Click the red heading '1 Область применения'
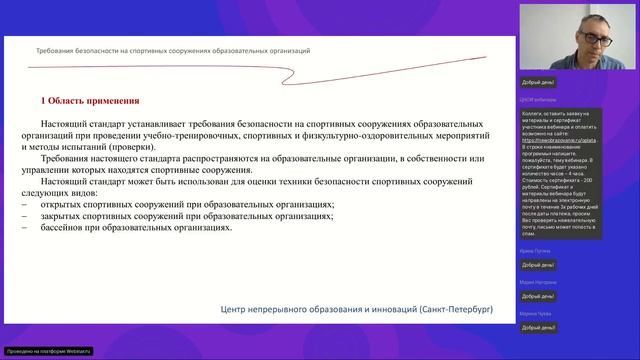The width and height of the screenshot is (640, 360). click(89, 101)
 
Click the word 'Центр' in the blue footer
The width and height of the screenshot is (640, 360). click(237, 310)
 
